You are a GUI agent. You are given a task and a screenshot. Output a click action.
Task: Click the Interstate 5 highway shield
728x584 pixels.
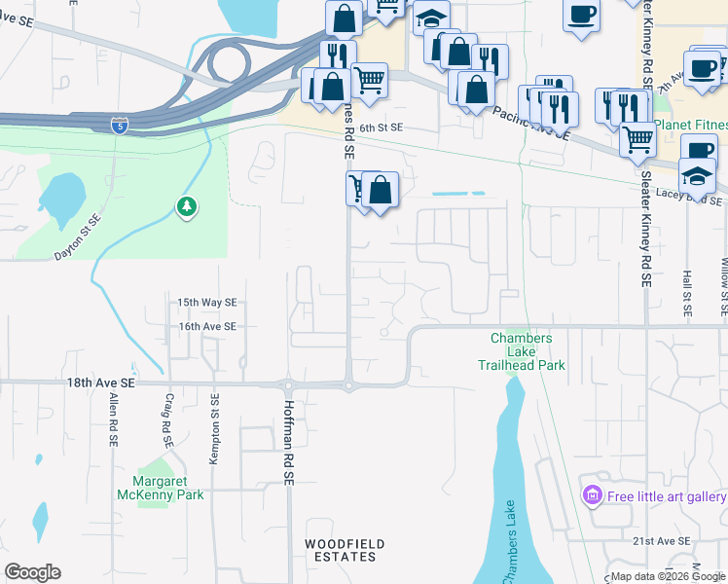pos(118,125)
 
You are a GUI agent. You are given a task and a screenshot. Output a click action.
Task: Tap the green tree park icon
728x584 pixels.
pos(186,206)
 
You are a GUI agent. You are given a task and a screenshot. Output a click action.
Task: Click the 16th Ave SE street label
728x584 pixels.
pos(207,327)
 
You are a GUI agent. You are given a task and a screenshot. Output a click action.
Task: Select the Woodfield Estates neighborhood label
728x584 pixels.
pos(344,550)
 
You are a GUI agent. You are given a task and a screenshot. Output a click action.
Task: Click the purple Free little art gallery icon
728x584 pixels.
pos(591,496)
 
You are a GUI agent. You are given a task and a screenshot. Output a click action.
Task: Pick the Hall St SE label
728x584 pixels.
pos(686,295)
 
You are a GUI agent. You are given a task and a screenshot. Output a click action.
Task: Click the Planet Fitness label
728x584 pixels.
pos(690,125)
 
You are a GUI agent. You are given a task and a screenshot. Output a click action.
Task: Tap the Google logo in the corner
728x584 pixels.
pos(32,572)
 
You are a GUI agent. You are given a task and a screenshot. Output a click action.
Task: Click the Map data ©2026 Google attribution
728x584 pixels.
pos(667,577)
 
